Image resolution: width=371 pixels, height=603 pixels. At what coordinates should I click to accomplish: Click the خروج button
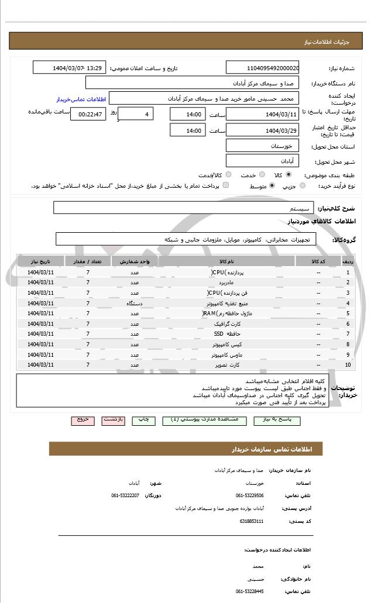pyautogui.click(x=83, y=420)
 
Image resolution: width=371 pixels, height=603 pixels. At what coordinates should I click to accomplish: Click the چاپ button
pyautogui.click(x=143, y=420)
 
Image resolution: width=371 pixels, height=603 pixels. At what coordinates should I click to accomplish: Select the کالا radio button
pyautogui.click(x=288, y=174)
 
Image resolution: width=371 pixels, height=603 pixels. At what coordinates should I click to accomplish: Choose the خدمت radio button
pyautogui.click(x=262, y=174)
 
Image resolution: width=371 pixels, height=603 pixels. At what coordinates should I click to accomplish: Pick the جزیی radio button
pyautogui.click(x=302, y=186)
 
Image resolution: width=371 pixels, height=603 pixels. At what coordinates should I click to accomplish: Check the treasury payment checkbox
pyautogui.click(x=226, y=186)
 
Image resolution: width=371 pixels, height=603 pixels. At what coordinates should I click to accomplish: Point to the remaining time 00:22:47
pyautogui.click(x=88, y=114)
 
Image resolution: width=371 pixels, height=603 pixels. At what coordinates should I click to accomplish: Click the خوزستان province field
pyautogui.click(x=262, y=145)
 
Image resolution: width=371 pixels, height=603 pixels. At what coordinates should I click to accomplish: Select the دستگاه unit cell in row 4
pyautogui.click(x=135, y=303)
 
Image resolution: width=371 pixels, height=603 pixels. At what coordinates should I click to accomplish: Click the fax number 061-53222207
pyautogui.click(x=125, y=495)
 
